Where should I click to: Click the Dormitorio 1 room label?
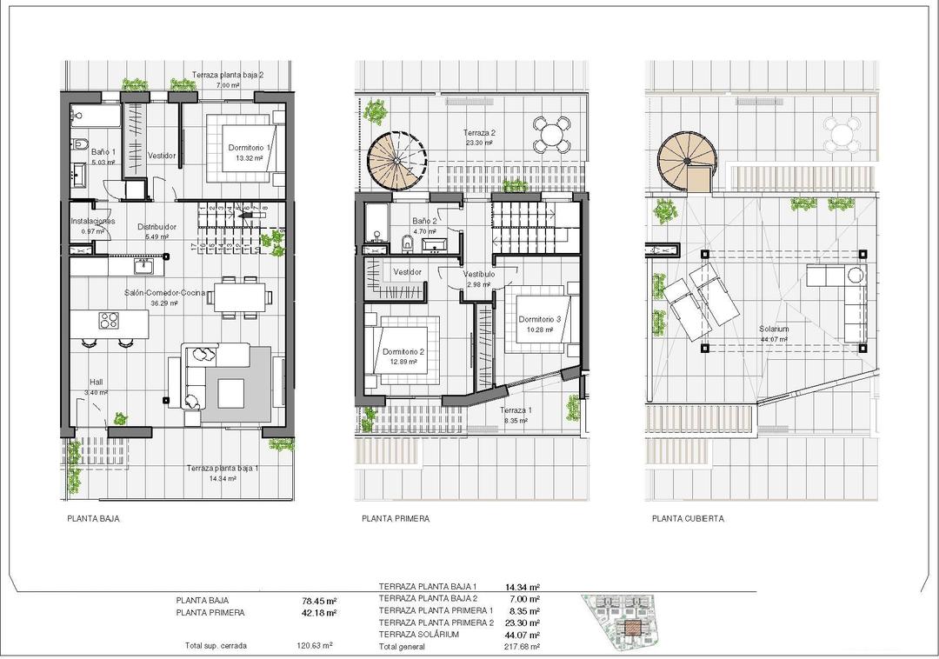[x=250, y=148]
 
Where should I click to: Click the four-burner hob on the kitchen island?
[x=109, y=320]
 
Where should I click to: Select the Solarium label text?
[x=773, y=329]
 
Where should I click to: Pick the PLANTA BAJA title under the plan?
[x=93, y=519]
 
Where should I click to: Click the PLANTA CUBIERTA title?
[x=687, y=519]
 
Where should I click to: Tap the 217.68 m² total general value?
[x=523, y=647]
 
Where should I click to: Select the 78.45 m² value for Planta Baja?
[x=318, y=601]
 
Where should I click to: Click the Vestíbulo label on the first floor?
[x=479, y=274]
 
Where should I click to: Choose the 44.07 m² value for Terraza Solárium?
[x=523, y=635]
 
